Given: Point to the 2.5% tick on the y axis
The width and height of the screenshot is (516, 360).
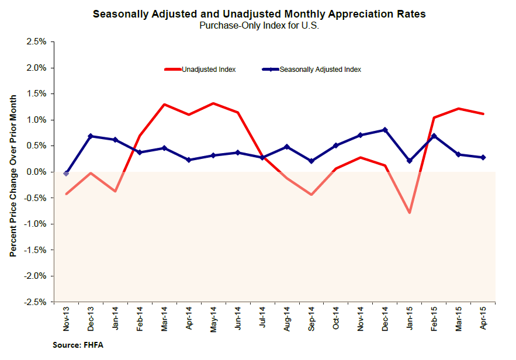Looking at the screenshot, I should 36,42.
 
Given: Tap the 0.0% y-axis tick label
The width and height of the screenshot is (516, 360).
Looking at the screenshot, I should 36,172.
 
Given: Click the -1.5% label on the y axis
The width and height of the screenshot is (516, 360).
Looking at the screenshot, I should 35,250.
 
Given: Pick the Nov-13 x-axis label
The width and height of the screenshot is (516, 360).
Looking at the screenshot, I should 66,319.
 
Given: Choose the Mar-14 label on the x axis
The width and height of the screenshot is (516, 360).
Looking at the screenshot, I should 164,319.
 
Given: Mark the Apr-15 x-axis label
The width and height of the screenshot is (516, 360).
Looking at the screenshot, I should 483,319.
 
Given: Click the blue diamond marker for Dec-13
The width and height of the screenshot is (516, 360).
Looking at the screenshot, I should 91,136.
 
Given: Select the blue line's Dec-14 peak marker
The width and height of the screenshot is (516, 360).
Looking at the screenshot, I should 385,130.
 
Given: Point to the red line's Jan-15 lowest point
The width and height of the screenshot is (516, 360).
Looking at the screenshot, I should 410,213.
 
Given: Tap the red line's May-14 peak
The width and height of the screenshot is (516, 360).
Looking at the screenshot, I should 213,103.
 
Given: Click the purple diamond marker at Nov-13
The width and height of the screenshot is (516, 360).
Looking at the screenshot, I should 66,173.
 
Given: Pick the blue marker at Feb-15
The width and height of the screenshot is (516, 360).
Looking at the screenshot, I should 434,136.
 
